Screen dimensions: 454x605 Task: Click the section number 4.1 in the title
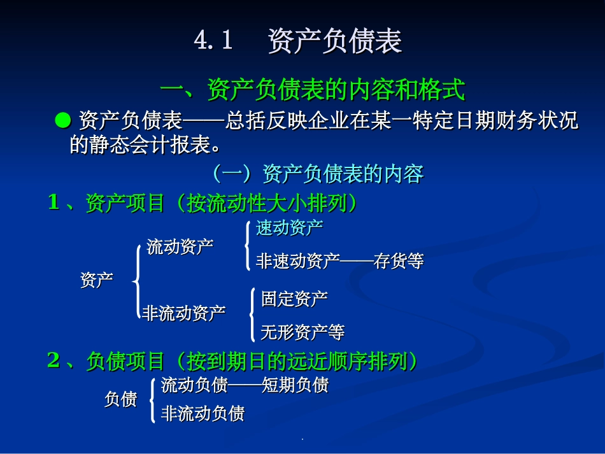point(213,41)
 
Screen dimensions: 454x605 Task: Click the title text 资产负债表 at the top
point(335,41)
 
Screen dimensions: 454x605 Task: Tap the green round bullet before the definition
point(62,120)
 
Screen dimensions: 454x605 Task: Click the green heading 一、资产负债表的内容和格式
point(312,90)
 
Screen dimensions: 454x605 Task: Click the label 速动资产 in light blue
point(289,228)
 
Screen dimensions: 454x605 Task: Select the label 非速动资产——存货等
point(339,261)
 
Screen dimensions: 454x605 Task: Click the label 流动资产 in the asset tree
point(180,247)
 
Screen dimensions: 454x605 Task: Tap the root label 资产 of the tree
point(97,280)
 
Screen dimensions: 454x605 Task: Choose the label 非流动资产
point(183,313)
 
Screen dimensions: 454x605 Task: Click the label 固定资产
point(294,298)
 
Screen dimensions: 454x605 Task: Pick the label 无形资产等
point(302,332)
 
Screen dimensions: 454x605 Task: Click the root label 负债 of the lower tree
point(120,399)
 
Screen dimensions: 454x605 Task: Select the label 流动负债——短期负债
point(245,385)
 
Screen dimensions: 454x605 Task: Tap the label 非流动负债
point(203,414)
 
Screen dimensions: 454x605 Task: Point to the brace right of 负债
point(152,399)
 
